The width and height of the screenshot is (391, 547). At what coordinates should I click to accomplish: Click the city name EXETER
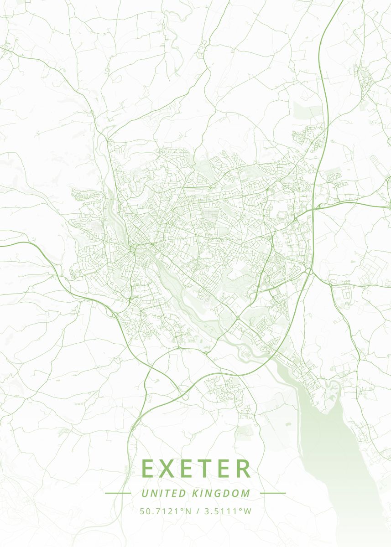coord(196,468)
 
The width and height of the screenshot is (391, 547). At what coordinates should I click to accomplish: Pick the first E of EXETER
coord(150,468)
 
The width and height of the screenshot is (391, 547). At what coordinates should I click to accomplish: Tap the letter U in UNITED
coord(145,493)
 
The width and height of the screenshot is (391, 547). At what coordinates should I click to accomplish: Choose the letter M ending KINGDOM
coord(246,493)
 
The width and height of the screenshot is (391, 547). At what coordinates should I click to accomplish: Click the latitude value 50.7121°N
coord(166,511)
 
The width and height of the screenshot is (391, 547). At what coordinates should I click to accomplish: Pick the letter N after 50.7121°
coord(188,511)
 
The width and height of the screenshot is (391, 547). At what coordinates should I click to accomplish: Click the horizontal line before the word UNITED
coord(118,493)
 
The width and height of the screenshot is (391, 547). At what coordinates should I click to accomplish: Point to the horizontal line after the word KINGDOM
coord(272,493)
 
